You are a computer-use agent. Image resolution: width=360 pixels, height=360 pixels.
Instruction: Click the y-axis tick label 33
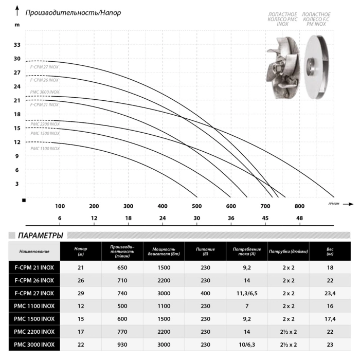pos(17,45)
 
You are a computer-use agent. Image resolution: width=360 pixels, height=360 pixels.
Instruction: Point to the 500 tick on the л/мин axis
pos(197,206)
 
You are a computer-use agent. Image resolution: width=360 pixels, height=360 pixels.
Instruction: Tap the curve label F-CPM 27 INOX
pos(44,67)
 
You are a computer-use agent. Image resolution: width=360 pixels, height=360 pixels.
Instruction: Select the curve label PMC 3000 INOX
pos(45,92)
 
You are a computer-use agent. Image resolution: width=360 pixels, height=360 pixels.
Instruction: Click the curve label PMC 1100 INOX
pos(45,149)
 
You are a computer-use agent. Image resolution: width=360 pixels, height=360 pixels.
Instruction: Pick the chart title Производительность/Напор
pos(73,13)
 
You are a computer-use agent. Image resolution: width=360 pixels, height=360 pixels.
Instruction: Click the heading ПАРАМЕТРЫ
pos(41,236)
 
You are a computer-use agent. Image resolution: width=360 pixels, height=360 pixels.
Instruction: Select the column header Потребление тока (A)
pos(247,251)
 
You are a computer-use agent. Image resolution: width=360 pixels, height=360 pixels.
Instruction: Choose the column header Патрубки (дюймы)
pos(289,251)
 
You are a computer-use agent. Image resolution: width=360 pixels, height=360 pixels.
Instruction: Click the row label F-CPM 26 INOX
pos(34,280)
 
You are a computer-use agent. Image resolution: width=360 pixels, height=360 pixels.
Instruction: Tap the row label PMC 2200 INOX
pos(34,332)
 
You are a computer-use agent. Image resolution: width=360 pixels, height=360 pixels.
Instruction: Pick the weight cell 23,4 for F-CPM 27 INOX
pos(330,293)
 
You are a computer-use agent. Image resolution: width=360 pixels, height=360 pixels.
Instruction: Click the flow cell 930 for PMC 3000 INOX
pos(122,345)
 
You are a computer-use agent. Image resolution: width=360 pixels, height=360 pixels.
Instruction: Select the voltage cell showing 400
pos(205,293)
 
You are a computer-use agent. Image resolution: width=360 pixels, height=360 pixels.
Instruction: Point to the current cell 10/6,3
pos(247,345)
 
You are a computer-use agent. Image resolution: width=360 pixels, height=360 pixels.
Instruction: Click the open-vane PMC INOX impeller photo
pos(283,68)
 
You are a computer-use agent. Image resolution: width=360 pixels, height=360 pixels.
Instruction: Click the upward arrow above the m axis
pos(17,11)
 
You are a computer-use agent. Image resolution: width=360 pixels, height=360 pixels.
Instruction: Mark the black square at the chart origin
pos(24,201)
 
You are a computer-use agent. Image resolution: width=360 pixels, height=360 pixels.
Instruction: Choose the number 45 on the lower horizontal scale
pos(265,218)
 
